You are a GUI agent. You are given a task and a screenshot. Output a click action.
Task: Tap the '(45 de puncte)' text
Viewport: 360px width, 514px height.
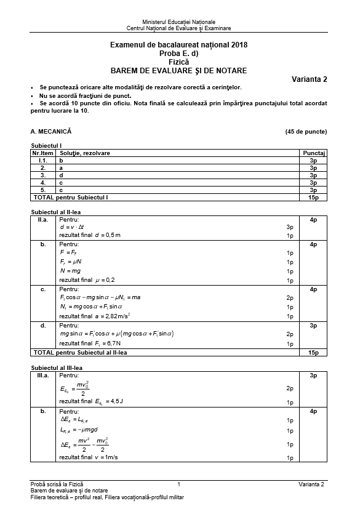click(306, 132)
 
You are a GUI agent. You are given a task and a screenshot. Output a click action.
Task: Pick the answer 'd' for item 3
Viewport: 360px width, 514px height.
click(61, 175)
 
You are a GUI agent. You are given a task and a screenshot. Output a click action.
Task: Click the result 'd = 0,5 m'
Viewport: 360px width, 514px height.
click(90, 235)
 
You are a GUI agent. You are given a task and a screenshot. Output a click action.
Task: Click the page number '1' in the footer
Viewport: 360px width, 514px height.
click(178, 484)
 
